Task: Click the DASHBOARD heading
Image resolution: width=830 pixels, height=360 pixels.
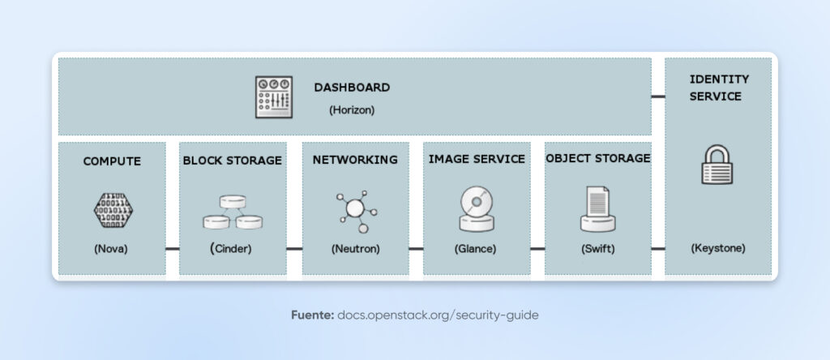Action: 352,87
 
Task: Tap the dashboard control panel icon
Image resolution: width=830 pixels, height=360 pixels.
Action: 273,97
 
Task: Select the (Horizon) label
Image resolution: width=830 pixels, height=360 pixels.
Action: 352,109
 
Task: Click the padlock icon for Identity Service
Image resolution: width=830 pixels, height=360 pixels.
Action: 717,165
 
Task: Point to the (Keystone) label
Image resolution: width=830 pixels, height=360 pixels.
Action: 717,248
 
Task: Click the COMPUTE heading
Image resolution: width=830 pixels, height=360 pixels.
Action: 112,161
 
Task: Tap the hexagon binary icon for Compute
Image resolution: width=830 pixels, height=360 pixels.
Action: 112,211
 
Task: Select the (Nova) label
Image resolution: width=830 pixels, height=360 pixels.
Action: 112,249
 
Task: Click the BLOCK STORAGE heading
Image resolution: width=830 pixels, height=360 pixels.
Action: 232,161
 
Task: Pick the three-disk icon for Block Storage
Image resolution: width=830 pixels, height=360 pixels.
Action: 232,212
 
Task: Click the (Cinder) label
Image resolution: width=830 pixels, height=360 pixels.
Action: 232,249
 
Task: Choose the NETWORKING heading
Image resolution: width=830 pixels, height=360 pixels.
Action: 355,160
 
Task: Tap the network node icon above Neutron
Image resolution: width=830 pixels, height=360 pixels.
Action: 355,209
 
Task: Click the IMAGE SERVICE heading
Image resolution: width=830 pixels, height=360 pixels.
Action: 477,160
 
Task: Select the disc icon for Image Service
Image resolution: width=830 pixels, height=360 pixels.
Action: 477,209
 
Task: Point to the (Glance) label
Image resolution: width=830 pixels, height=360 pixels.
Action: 477,249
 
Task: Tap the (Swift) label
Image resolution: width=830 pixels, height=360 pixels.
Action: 598,249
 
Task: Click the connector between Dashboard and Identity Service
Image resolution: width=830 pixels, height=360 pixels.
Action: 658,96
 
